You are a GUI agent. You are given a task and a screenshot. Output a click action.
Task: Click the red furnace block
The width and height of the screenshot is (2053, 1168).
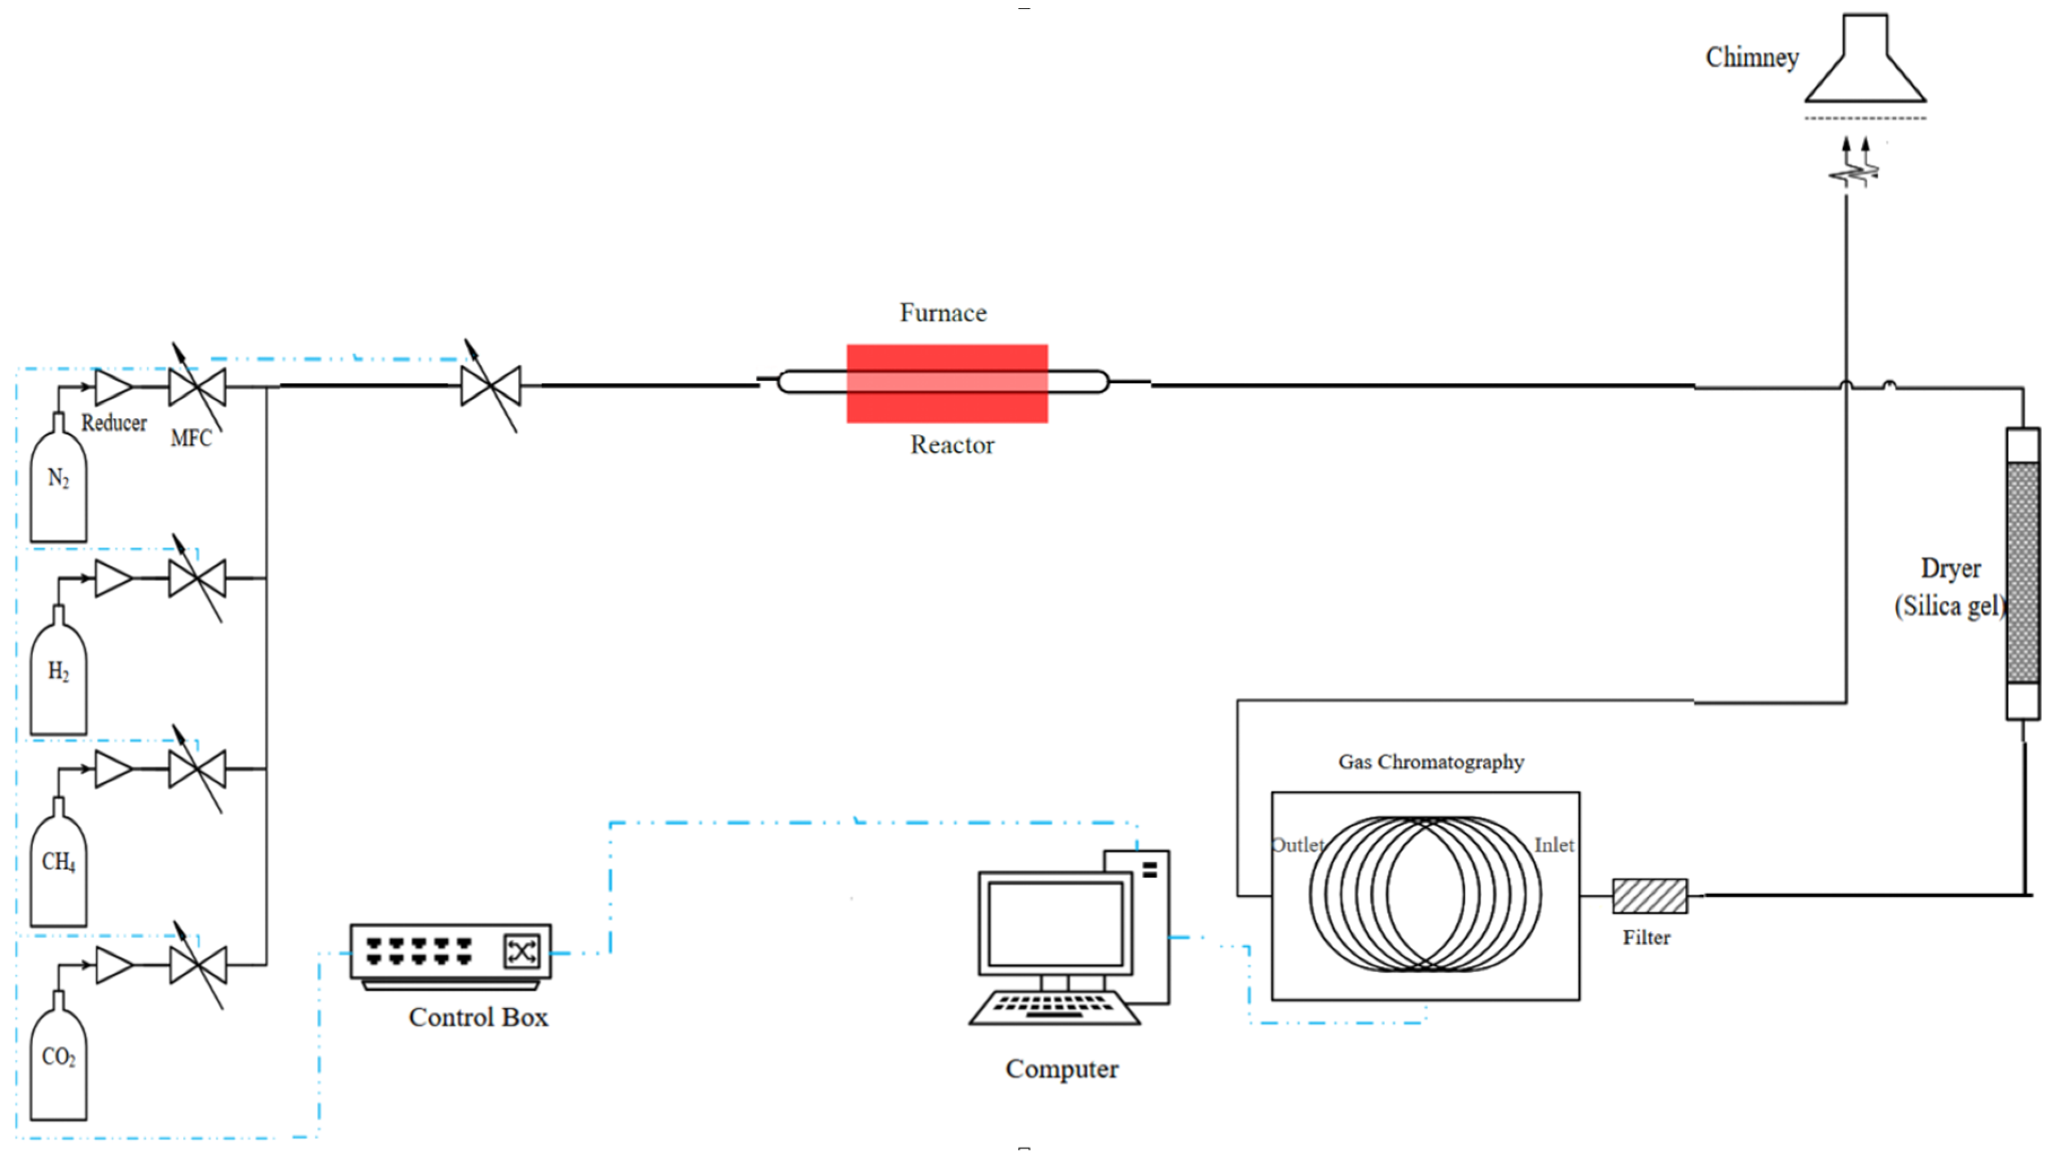coord(947,384)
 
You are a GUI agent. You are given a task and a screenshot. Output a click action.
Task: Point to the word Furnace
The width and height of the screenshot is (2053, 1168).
coord(943,312)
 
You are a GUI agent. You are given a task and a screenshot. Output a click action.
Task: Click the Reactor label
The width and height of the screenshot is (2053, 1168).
coord(952,445)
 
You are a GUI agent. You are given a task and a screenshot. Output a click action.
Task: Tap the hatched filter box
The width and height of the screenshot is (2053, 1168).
coord(1650,896)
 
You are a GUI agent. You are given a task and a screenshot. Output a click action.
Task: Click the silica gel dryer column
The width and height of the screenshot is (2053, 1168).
coord(2023,574)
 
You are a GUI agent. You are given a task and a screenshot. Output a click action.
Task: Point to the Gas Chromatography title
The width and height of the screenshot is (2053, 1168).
coord(1431,762)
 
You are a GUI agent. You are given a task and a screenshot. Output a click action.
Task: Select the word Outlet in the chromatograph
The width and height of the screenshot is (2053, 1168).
coord(1298,845)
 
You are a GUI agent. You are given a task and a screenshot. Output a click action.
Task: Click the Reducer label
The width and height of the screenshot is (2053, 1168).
coord(114,423)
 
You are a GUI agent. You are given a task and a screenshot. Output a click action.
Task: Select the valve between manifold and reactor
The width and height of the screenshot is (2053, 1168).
coord(491,386)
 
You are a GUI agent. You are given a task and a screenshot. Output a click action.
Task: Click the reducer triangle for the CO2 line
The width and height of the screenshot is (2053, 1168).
coord(114,965)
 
